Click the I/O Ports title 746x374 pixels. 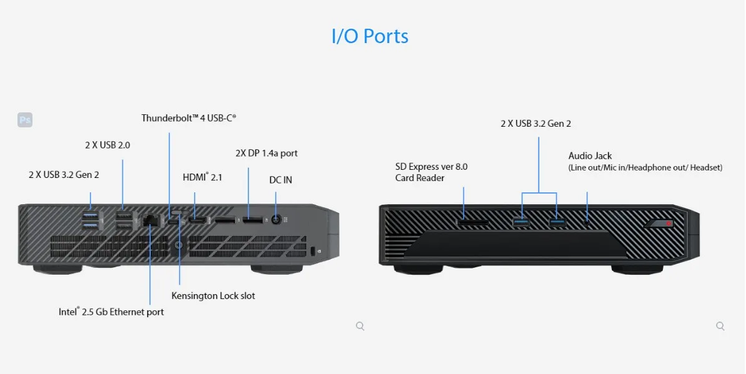(370, 37)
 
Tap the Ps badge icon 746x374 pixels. (25, 119)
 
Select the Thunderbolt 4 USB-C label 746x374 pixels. (189, 117)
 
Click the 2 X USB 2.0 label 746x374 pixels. (107, 145)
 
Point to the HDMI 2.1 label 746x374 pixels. (202, 177)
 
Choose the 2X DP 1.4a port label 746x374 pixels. (267, 153)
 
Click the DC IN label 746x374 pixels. (281, 180)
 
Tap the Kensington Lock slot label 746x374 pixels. (213, 295)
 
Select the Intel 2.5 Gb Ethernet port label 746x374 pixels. (111, 312)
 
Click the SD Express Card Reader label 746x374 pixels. (431, 172)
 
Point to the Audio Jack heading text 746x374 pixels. (590, 155)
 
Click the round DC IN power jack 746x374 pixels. (276, 220)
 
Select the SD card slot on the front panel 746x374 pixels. (473, 222)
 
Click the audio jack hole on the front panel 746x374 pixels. (587, 221)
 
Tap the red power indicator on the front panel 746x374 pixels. (669, 223)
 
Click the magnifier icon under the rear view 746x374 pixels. (360, 326)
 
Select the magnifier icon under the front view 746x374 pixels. (720, 326)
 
